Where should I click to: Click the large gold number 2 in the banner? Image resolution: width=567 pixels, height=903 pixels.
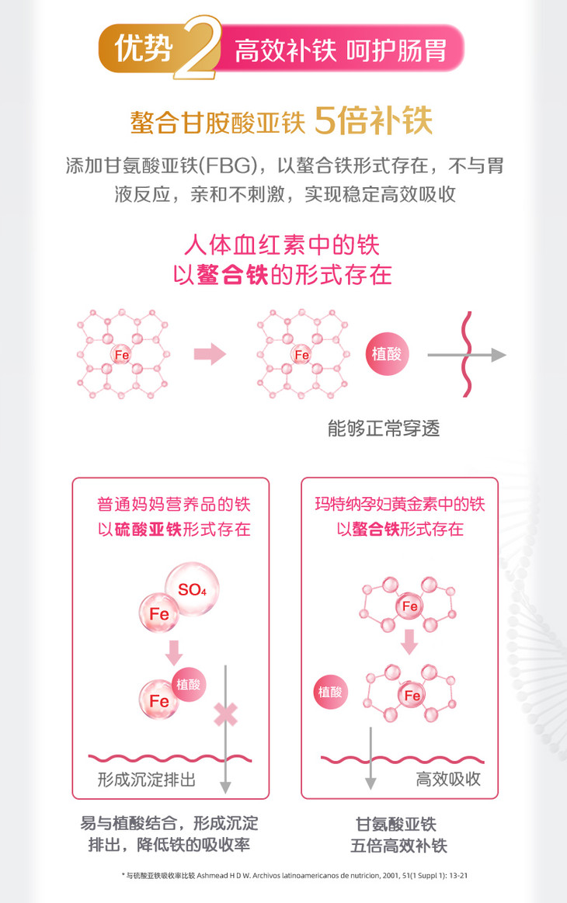tap(197, 50)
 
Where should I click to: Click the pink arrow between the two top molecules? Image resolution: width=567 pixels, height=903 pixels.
tap(208, 355)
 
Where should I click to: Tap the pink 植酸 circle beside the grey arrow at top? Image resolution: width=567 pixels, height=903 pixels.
tap(386, 355)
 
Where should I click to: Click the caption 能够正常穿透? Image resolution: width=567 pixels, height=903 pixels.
tap(384, 429)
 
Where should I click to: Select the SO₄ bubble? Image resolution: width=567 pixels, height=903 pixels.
tap(192, 589)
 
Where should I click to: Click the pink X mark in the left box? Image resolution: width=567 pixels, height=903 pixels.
tap(225, 712)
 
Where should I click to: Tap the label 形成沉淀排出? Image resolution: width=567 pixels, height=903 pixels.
tap(146, 779)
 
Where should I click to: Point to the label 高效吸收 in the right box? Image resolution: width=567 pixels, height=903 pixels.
tap(448, 779)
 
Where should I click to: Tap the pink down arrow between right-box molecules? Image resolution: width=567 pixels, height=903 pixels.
tap(410, 640)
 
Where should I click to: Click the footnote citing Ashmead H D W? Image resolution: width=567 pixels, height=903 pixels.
tap(294, 876)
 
